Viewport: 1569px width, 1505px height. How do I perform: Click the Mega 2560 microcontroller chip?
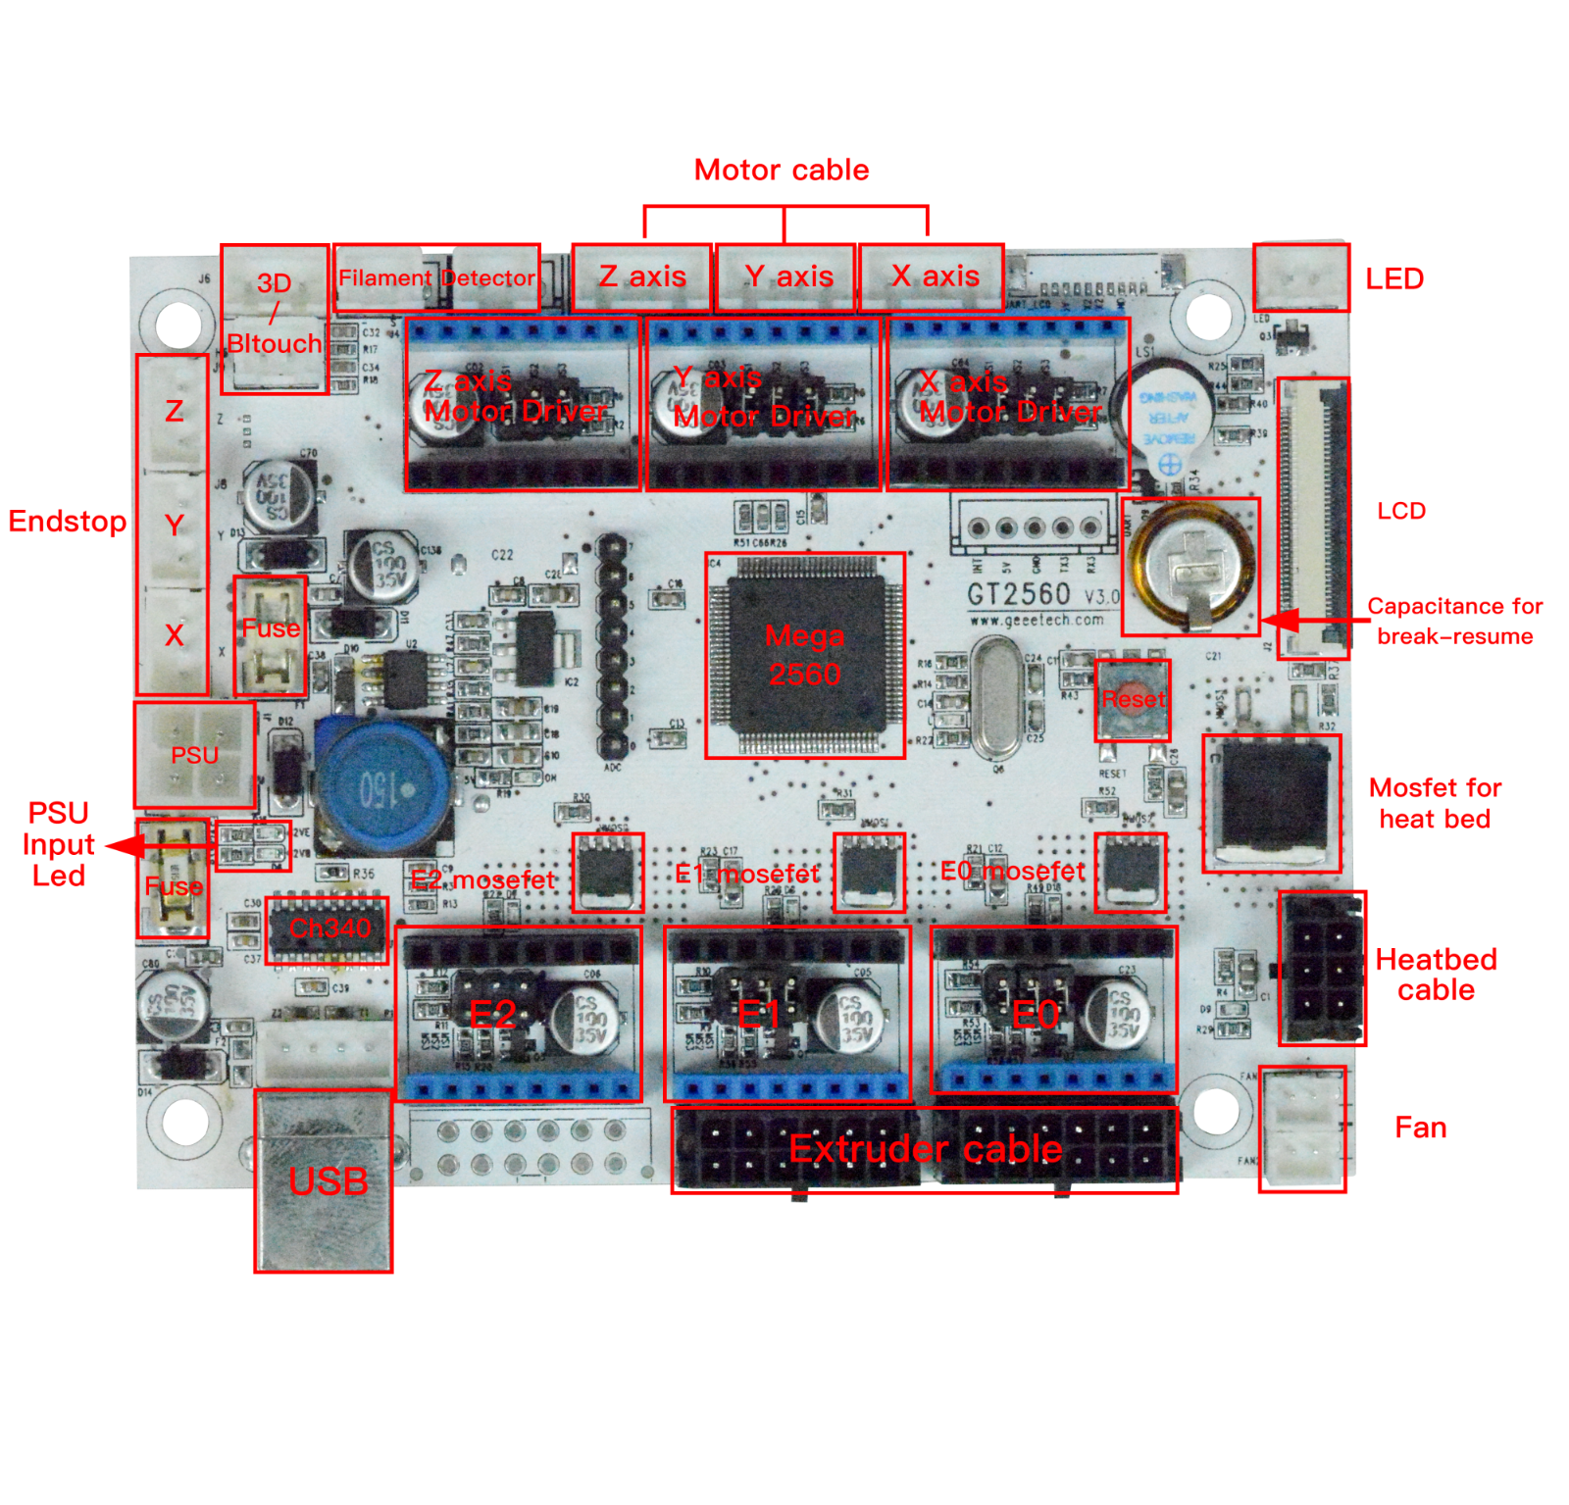coord(804,655)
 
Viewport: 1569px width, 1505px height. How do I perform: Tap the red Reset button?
coord(1133,699)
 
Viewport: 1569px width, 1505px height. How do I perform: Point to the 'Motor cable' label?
coord(782,170)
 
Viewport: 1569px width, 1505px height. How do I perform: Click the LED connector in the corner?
coord(1301,278)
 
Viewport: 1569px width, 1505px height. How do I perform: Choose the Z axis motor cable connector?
coord(641,277)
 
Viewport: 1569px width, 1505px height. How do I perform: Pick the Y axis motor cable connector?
coord(785,277)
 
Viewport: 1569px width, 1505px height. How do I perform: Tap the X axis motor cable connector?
coord(933,277)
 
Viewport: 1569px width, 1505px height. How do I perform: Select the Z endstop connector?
coord(174,412)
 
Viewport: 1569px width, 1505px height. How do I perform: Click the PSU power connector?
coord(195,755)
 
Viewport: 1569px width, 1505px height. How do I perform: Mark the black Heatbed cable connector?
coord(1322,968)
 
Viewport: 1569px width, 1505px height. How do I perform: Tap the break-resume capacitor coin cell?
coord(1190,567)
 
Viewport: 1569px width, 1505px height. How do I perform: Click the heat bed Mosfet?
coord(1271,802)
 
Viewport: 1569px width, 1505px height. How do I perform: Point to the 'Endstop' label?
coord(67,521)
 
